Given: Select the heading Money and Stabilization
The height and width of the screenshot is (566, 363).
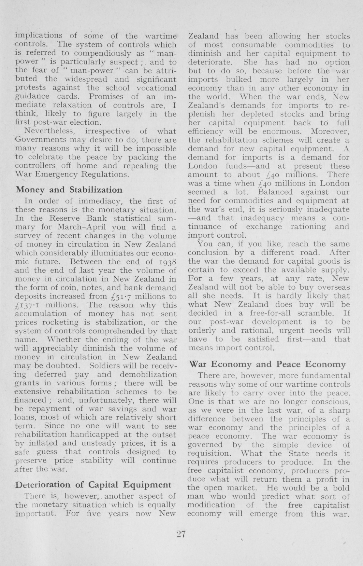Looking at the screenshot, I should click(69, 190).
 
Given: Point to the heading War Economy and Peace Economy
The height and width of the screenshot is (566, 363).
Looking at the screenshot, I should click(267, 364).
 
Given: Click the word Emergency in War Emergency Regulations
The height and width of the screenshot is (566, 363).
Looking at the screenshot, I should click(59, 174).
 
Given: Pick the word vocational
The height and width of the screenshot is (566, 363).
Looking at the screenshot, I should click(155, 88).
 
